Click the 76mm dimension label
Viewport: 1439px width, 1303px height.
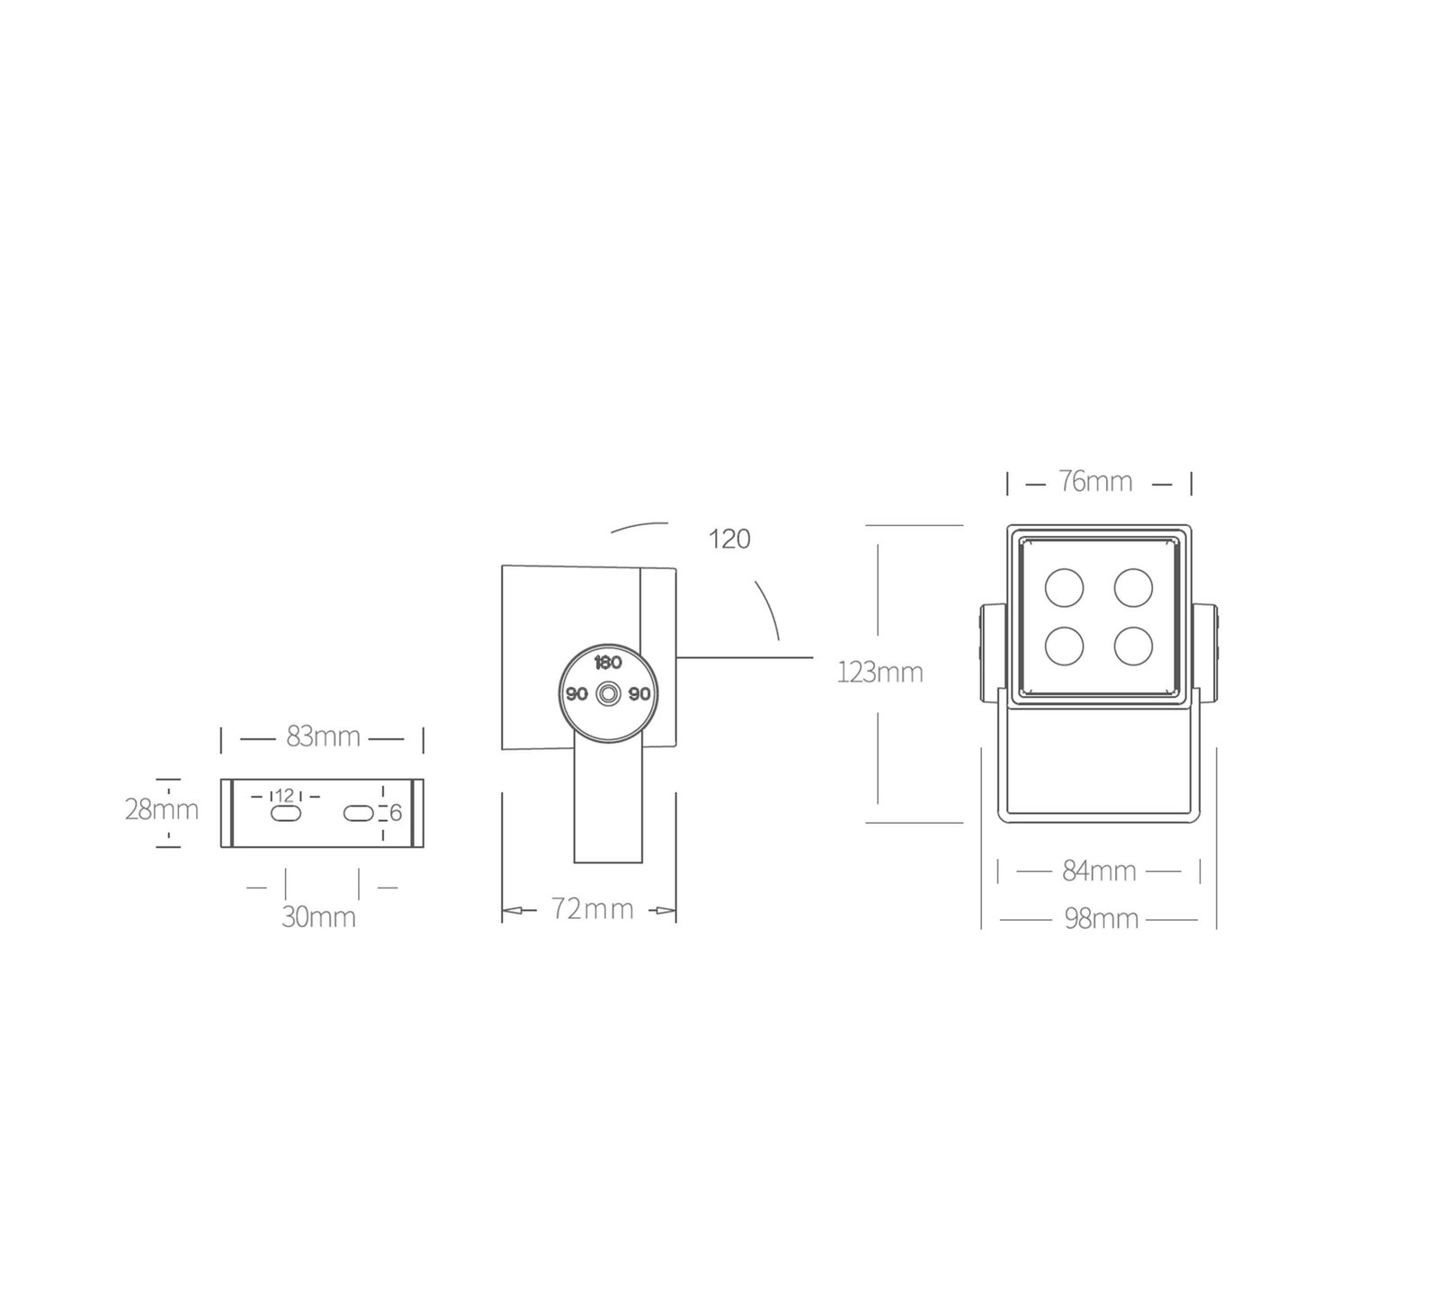1095,482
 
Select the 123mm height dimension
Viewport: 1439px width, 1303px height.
880,673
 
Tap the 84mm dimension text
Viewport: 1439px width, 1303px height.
1099,871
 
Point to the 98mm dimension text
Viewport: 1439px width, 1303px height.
1101,919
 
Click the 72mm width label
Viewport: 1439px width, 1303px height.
592,909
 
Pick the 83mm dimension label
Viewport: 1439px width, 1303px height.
323,736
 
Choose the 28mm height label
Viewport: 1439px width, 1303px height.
162,809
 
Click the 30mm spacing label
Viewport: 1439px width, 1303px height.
318,917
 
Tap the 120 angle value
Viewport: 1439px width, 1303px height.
729,540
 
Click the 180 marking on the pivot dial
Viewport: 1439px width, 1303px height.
609,663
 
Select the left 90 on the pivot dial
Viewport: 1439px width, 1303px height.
576,694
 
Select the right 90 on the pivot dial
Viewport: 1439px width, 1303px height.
639,694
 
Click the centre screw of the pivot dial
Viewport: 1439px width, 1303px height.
609,695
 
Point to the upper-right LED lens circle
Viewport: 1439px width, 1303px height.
1133,587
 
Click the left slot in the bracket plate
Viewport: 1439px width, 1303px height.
286,813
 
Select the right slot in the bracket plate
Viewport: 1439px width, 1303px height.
358,813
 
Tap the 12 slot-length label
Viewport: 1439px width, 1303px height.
285,795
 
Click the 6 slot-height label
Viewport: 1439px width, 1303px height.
396,814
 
